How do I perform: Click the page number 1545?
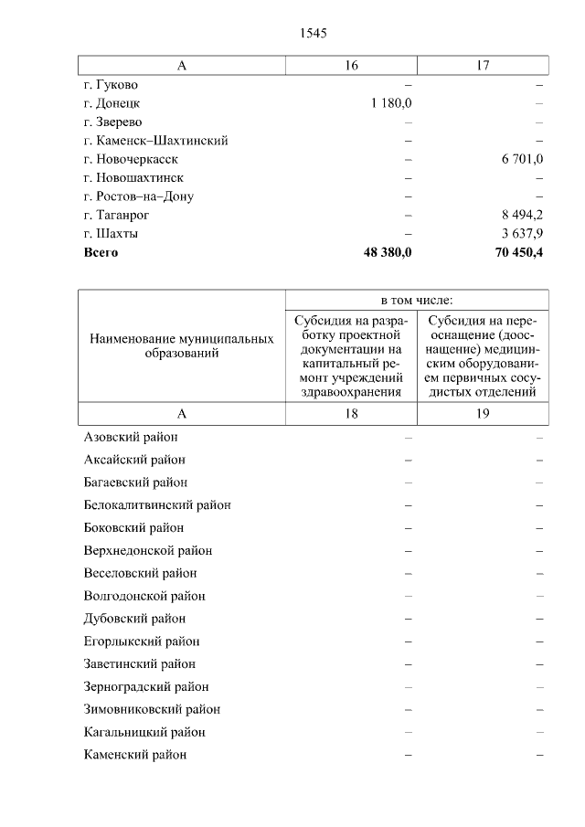tap(313, 33)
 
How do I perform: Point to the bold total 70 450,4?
tap(518, 252)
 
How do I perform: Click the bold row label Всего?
tap(101, 252)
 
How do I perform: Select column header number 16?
tap(351, 65)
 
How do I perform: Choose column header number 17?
tap(483, 65)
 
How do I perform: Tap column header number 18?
tap(351, 413)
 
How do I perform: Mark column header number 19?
tap(483, 413)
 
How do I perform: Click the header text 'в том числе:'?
tap(417, 300)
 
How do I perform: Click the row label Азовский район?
tap(130, 437)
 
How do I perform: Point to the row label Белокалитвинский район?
tap(156, 505)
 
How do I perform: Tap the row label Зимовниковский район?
tap(152, 709)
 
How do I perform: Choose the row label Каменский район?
tap(134, 755)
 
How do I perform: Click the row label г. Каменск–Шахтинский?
tap(155, 141)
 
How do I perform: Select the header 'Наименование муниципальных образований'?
tap(182, 345)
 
